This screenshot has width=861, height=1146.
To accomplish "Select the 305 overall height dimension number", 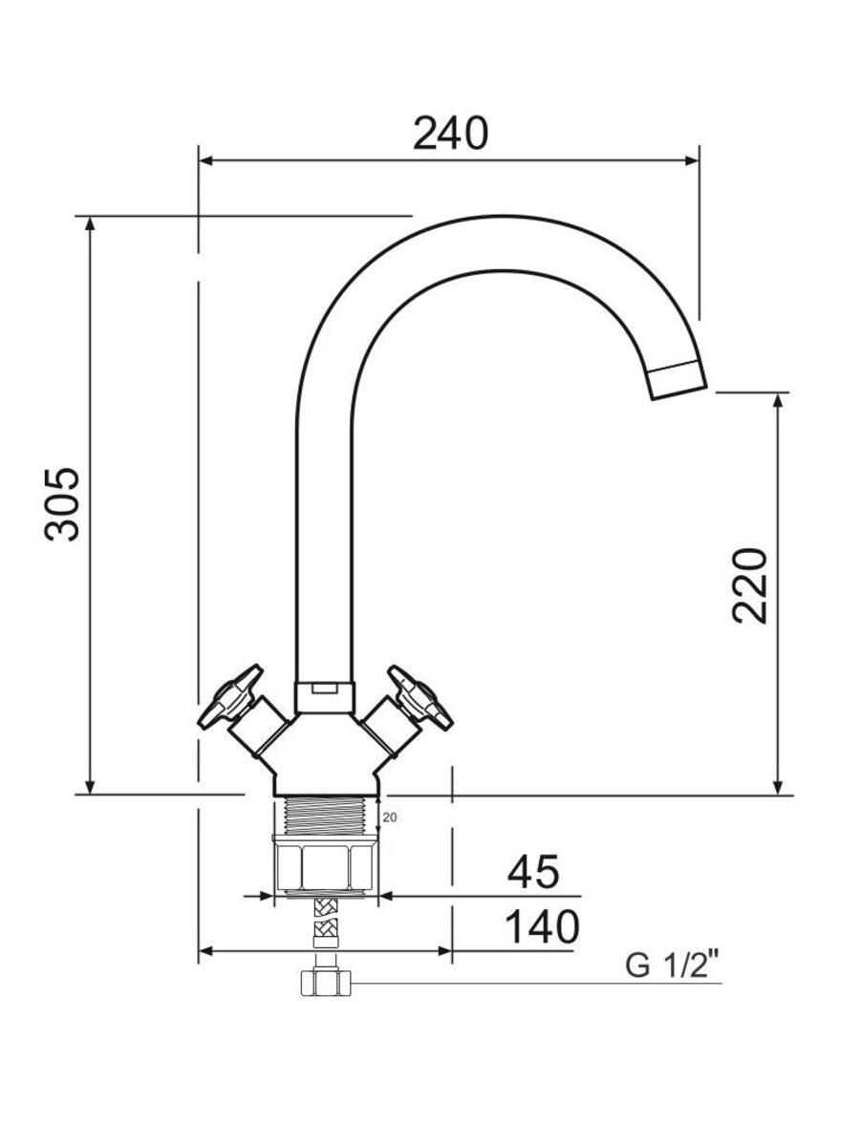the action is pos(62,504).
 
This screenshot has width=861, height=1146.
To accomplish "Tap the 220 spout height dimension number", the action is pos(750,585).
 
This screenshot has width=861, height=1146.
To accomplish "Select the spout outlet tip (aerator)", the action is pos(678,379).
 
